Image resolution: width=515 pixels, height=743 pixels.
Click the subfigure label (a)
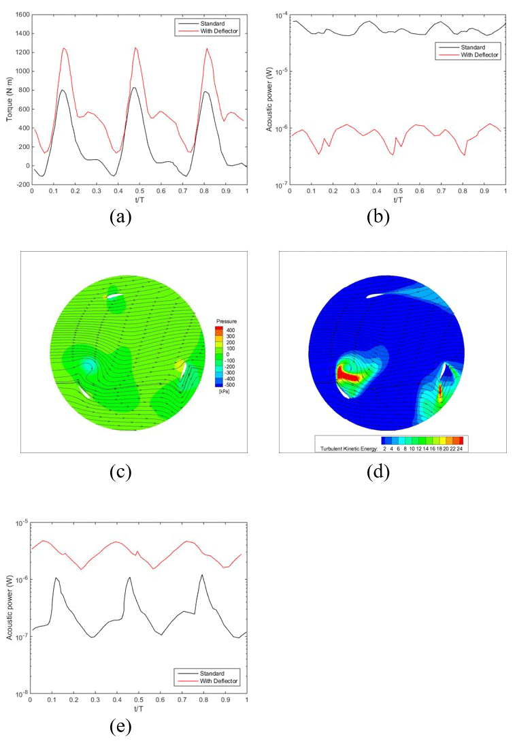(x=120, y=217)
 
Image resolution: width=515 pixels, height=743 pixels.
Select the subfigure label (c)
(x=120, y=473)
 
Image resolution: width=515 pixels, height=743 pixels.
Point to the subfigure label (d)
(x=378, y=473)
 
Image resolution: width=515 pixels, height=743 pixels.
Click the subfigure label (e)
(x=120, y=727)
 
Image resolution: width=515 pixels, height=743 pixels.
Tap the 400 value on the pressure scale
(x=231, y=329)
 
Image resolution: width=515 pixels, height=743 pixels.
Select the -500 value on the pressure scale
(x=231, y=384)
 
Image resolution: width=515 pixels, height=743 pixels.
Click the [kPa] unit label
(x=223, y=392)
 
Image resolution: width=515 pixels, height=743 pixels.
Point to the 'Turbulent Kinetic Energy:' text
(x=347, y=449)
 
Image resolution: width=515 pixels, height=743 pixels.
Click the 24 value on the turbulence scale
(x=461, y=449)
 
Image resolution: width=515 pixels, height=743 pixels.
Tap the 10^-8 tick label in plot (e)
(x=22, y=693)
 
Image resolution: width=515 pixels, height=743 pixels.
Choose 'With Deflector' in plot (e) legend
(x=217, y=680)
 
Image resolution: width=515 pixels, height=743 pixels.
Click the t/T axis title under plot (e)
(x=139, y=708)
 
